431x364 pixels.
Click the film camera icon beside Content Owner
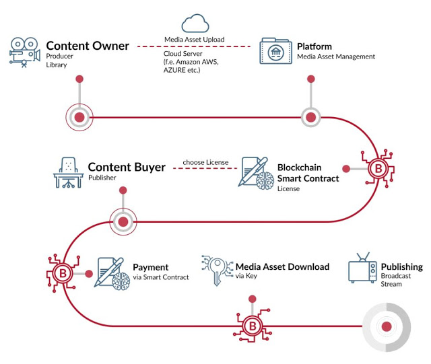25,52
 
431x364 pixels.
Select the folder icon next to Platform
275,52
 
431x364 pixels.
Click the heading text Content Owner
87,46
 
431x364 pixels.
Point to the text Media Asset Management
336,57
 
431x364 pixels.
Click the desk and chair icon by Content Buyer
67,173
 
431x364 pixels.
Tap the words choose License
205,162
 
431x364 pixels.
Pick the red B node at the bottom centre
252,326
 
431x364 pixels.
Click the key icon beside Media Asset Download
217,273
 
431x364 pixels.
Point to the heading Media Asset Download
282,266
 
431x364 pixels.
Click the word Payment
151,267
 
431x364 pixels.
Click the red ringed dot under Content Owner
79,118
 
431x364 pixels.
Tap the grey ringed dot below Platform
310,118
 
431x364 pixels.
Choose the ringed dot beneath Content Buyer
123,220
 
